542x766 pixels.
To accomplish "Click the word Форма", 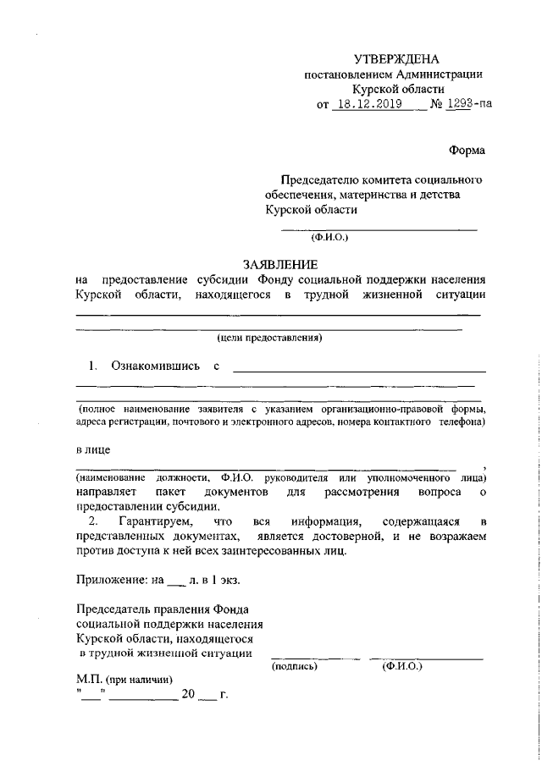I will click(x=467, y=151).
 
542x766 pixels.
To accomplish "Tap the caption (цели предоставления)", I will click(x=270, y=338).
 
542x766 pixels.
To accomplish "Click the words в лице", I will click(x=93, y=449).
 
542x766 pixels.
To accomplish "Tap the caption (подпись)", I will click(x=295, y=666).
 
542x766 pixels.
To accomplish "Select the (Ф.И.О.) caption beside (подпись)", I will click(x=402, y=666).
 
